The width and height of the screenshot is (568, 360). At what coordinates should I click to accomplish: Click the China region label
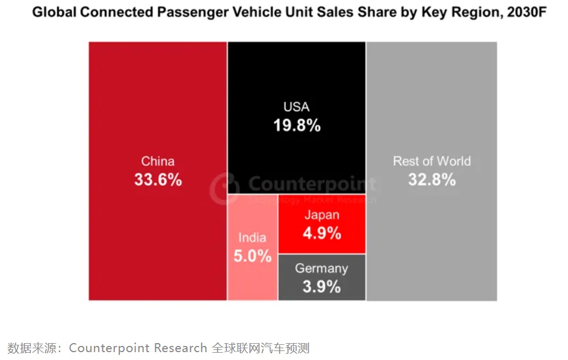(x=158, y=161)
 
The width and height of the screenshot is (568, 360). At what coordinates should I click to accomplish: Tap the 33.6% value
(x=158, y=180)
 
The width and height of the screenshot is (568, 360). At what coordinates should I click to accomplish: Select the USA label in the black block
(x=296, y=107)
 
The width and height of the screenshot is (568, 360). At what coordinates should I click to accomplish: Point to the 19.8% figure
(x=297, y=125)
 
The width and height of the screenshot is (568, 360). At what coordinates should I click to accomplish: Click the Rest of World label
(x=432, y=161)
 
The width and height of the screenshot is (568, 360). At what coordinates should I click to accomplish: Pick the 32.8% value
(x=432, y=180)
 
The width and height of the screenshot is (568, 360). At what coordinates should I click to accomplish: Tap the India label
(x=252, y=237)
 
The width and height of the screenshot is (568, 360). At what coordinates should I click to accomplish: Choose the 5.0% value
(x=252, y=256)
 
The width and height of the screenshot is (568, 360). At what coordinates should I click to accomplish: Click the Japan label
(x=322, y=215)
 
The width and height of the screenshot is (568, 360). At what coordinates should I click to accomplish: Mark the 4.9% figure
(x=322, y=233)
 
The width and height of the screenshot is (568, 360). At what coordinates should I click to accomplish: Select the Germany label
(x=321, y=268)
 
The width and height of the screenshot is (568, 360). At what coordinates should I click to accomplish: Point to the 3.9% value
(x=321, y=286)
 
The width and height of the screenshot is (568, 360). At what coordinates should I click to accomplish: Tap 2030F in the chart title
(x=525, y=13)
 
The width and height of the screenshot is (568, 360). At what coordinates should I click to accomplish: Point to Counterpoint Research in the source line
(x=138, y=348)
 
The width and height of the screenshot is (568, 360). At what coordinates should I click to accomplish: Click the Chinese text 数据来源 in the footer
(x=30, y=348)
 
